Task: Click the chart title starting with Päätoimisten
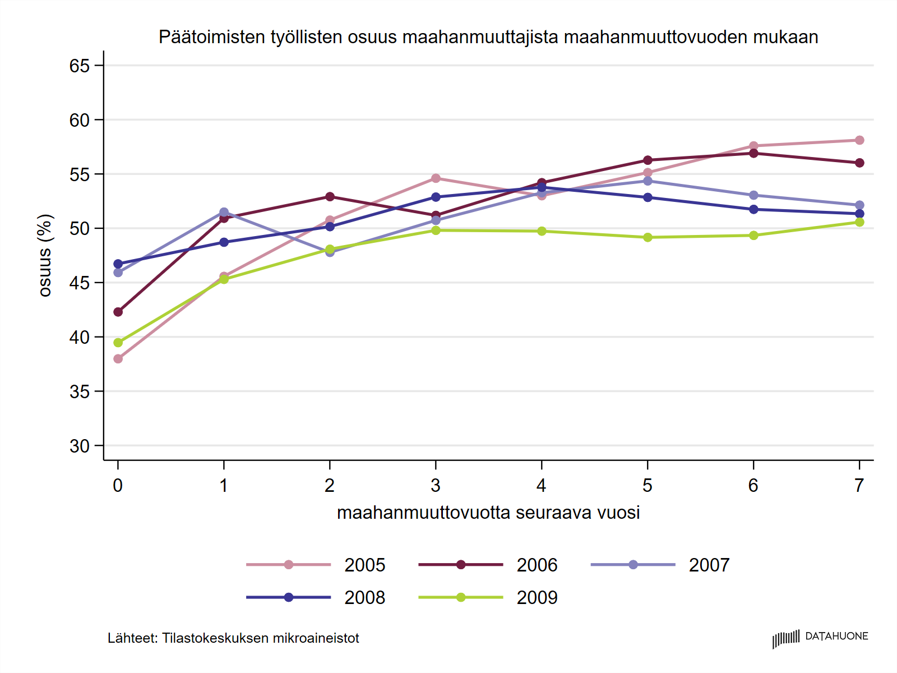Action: [488, 37]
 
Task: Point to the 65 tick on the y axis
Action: [80, 66]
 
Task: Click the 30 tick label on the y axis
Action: [80, 446]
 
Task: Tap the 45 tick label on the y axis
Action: [80, 283]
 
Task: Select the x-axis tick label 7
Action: [859, 485]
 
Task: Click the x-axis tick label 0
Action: [118, 485]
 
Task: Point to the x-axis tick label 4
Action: [542, 485]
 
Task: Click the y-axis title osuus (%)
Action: [45, 255]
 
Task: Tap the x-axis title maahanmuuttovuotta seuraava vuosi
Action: [488, 513]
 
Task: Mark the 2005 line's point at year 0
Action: [118, 359]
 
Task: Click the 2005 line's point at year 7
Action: [859, 140]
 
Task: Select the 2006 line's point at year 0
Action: [118, 312]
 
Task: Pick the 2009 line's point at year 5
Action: [648, 237]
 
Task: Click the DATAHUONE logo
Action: [820, 638]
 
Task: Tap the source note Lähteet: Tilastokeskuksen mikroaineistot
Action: [233, 638]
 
